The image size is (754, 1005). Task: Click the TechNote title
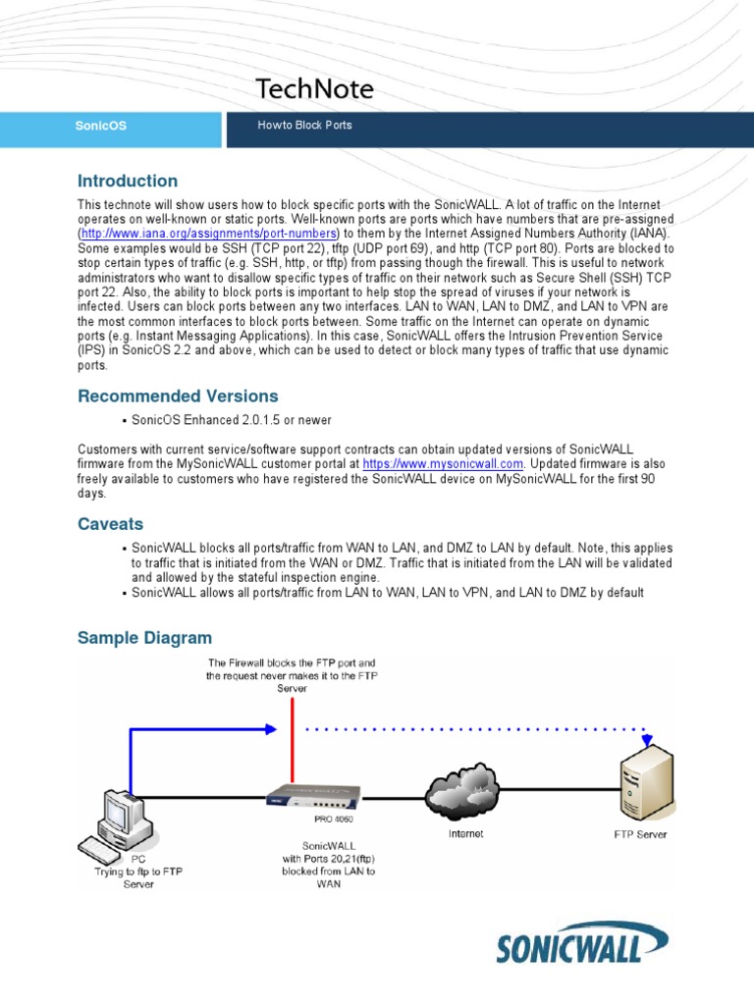coord(314,89)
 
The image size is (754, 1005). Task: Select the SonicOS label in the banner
coord(102,126)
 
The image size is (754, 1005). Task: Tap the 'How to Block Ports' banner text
coord(304,126)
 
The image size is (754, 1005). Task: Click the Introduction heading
coord(128,181)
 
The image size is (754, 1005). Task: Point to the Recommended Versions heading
coord(178,396)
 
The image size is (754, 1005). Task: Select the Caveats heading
coord(110,524)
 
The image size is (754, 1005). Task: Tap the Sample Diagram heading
coord(144,638)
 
